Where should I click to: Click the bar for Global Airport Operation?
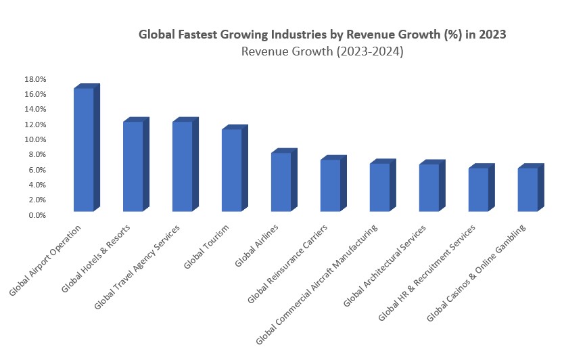84,150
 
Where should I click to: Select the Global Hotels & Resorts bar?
133,166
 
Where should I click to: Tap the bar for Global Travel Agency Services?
183,166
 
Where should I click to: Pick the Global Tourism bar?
232,170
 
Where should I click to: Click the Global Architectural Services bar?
429,187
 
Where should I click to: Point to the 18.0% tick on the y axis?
35,78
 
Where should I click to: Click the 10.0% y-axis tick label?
35,139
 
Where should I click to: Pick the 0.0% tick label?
37,215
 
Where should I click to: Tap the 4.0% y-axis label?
37,185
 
